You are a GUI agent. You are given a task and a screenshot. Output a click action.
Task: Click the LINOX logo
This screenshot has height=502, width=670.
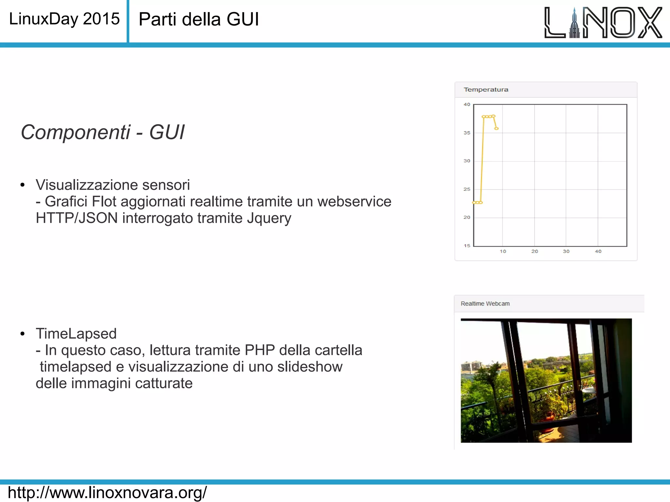(x=603, y=22)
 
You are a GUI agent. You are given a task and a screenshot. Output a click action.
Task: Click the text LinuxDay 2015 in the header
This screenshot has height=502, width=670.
(x=64, y=19)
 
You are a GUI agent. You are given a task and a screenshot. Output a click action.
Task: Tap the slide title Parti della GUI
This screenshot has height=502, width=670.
(x=199, y=19)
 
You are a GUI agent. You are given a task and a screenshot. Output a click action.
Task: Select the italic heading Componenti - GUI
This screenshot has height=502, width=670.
(x=102, y=132)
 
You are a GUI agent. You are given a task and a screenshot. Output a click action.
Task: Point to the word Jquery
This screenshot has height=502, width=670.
(x=269, y=218)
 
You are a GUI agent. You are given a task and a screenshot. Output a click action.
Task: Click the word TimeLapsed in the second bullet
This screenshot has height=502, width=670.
(x=76, y=334)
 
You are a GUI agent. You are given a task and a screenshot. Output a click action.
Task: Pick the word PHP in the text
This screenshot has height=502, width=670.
(x=260, y=350)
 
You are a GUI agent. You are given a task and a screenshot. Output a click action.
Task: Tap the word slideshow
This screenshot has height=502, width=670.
(x=310, y=367)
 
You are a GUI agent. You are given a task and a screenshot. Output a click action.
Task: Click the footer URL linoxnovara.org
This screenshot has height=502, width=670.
(x=107, y=493)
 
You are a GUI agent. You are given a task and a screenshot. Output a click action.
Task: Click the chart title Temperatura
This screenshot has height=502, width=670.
(x=486, y=90)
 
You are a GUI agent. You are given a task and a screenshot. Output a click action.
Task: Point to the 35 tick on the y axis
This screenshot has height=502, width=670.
(x=467, y=133)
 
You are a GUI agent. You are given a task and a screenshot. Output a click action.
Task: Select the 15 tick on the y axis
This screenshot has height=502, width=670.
(x=467, y=245)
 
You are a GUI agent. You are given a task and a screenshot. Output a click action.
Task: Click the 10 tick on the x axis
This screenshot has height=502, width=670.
(x=503, y=251)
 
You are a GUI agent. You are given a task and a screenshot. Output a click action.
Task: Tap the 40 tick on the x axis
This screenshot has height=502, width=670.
(x=598, y=251)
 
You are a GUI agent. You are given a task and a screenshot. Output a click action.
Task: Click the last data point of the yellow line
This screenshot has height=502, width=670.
(x=496, y=129)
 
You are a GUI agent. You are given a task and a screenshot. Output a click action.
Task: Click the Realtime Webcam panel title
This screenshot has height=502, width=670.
(x=485, y=304)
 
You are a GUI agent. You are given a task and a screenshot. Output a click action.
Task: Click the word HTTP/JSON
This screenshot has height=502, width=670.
(x=77, y=218)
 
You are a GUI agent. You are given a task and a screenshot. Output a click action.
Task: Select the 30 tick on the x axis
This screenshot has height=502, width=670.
(x=566, y=251)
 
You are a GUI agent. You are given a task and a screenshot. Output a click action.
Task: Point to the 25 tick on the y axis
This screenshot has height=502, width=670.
(x=467, y=189)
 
